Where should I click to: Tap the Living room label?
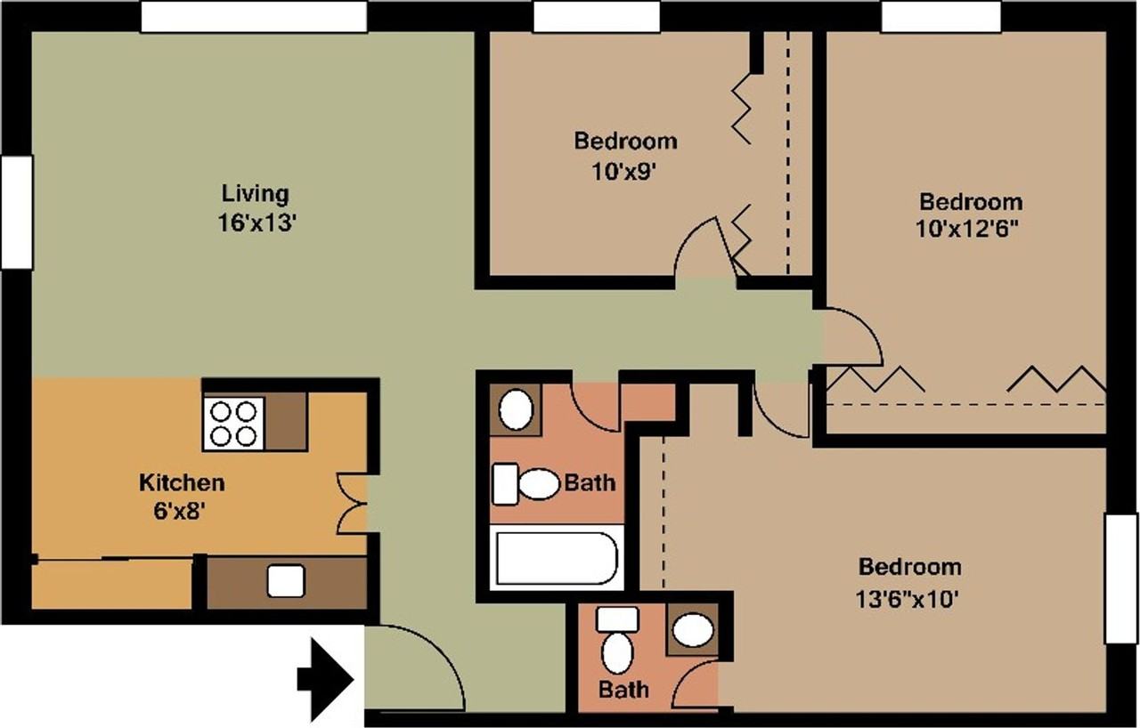256,194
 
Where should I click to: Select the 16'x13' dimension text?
257,222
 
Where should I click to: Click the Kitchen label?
182,482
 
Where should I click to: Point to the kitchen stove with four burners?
233,424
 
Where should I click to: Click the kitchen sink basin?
286,580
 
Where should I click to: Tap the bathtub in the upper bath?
557,558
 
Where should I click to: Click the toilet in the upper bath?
525,484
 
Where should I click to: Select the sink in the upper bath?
516,409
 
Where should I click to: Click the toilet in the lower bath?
617,641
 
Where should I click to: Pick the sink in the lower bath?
693,630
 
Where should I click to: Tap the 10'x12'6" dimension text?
967,229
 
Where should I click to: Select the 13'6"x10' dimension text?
908,600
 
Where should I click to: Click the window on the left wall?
17,212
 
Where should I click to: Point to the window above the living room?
254,17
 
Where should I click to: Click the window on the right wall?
1121,578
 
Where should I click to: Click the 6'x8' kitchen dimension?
179,512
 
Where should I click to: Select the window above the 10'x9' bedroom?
597,17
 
